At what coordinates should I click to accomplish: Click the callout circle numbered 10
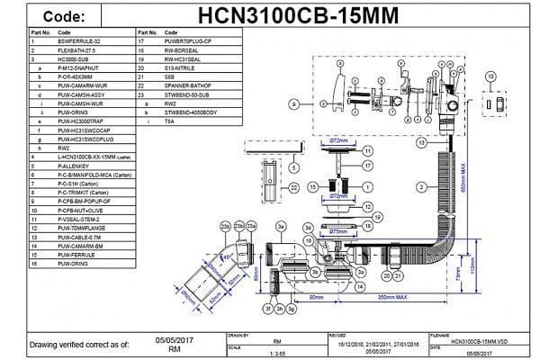pyautogui.click(x=490, y=78)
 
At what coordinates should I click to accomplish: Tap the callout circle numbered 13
pyautogui.click(x=421, y=143)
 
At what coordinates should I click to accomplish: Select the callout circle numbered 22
pyautogui.click(x=294, y=186)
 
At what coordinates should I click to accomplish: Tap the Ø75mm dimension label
pyautogui.click(x=338, y=231)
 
